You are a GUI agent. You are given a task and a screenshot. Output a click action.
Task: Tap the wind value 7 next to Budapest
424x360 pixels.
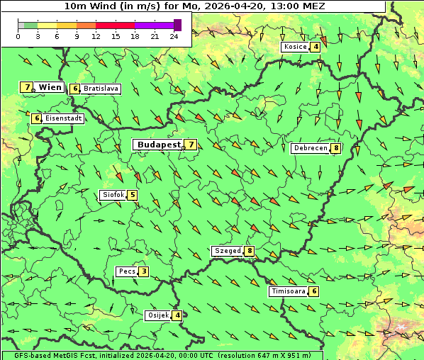(x=191, y=145)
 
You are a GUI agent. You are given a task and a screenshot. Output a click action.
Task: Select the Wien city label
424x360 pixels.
(x=50, y=87)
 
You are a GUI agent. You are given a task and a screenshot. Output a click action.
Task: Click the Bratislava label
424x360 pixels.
(x=100, y=89)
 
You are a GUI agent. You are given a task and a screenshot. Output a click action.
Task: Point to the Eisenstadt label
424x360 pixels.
(x=63, y=118)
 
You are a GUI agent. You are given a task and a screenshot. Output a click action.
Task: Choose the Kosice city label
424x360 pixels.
(x=295, y=47)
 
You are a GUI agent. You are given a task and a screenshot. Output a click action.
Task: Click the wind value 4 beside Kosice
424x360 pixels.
(x=316, y=47)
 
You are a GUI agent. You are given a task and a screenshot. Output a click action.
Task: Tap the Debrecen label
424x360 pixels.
(x=310, y=148)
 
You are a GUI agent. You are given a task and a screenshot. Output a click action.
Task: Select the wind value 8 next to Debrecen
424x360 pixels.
(x=335, y=148)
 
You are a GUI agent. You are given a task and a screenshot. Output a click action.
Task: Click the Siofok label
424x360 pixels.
(x=113, y=195)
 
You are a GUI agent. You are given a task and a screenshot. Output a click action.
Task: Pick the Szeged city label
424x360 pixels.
(x=227, y=251)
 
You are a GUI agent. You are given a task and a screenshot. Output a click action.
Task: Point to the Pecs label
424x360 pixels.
(x=127, y=271)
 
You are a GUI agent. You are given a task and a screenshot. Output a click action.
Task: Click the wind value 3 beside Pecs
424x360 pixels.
(x=144, y=271)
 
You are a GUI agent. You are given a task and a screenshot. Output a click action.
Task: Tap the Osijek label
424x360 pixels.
(x=158, y=315)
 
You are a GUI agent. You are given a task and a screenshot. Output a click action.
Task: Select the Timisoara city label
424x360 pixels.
(x=287, y=291)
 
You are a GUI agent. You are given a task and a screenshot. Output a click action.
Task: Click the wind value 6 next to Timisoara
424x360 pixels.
(x=314, y=291)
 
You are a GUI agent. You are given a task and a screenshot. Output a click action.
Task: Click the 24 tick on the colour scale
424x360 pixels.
(x=174, y=36)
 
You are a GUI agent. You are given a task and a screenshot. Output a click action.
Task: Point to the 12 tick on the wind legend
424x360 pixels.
(x=96, y=36)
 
